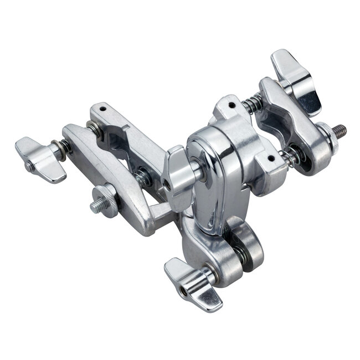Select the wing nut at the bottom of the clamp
[191, 282]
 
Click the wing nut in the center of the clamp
[178, 177]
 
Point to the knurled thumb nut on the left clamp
[106, 195]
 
